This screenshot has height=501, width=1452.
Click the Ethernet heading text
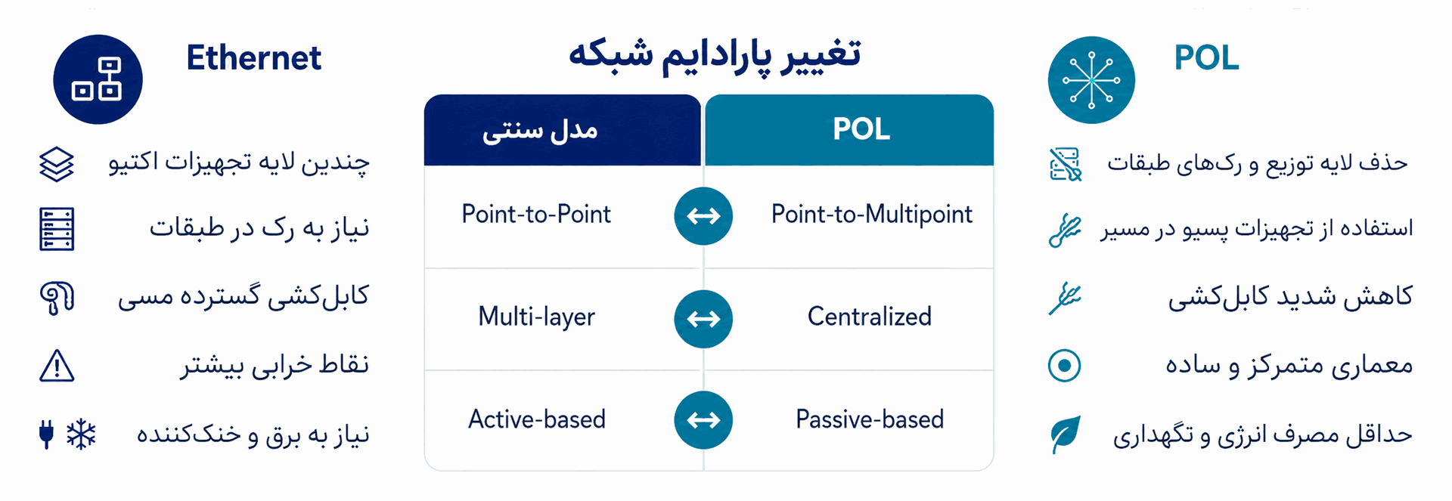click(253, 57)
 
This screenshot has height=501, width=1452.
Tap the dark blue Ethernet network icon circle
click(98, 79)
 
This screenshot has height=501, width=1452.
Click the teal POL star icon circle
click(1091, 80)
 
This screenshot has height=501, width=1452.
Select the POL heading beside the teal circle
click(1206, 57)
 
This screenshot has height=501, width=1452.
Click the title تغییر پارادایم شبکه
click(715, 54)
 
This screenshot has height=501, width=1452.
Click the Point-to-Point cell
click(536, 214)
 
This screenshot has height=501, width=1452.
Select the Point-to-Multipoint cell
click(871, 215)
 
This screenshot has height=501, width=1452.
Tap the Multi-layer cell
click(536, 317)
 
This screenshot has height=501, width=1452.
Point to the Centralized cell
click(870, 316)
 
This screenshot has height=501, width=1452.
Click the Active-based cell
click(537, 419)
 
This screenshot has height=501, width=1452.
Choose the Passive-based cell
click(870, 419)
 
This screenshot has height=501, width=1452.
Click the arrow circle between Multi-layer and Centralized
click(703, 319)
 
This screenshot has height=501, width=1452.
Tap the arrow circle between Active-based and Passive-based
click(703, 420)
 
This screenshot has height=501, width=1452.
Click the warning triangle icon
click(57, 366)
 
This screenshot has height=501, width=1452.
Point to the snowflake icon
click(81, 435)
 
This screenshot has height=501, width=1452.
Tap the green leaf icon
click(1065, 435)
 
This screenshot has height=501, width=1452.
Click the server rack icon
click(57, 229)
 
